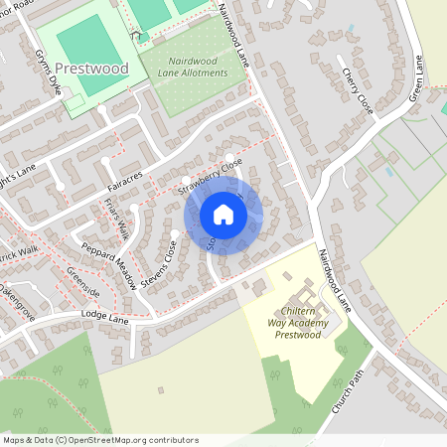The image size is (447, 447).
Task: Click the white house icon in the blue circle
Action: click(223, 214)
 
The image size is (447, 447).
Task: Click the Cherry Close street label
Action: click(357, 90)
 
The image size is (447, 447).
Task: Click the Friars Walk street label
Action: click(116, 218)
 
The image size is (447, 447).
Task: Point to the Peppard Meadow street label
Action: click(108, 265)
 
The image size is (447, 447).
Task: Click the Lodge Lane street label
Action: click(106, 318)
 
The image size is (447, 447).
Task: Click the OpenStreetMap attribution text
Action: click(100, 439)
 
